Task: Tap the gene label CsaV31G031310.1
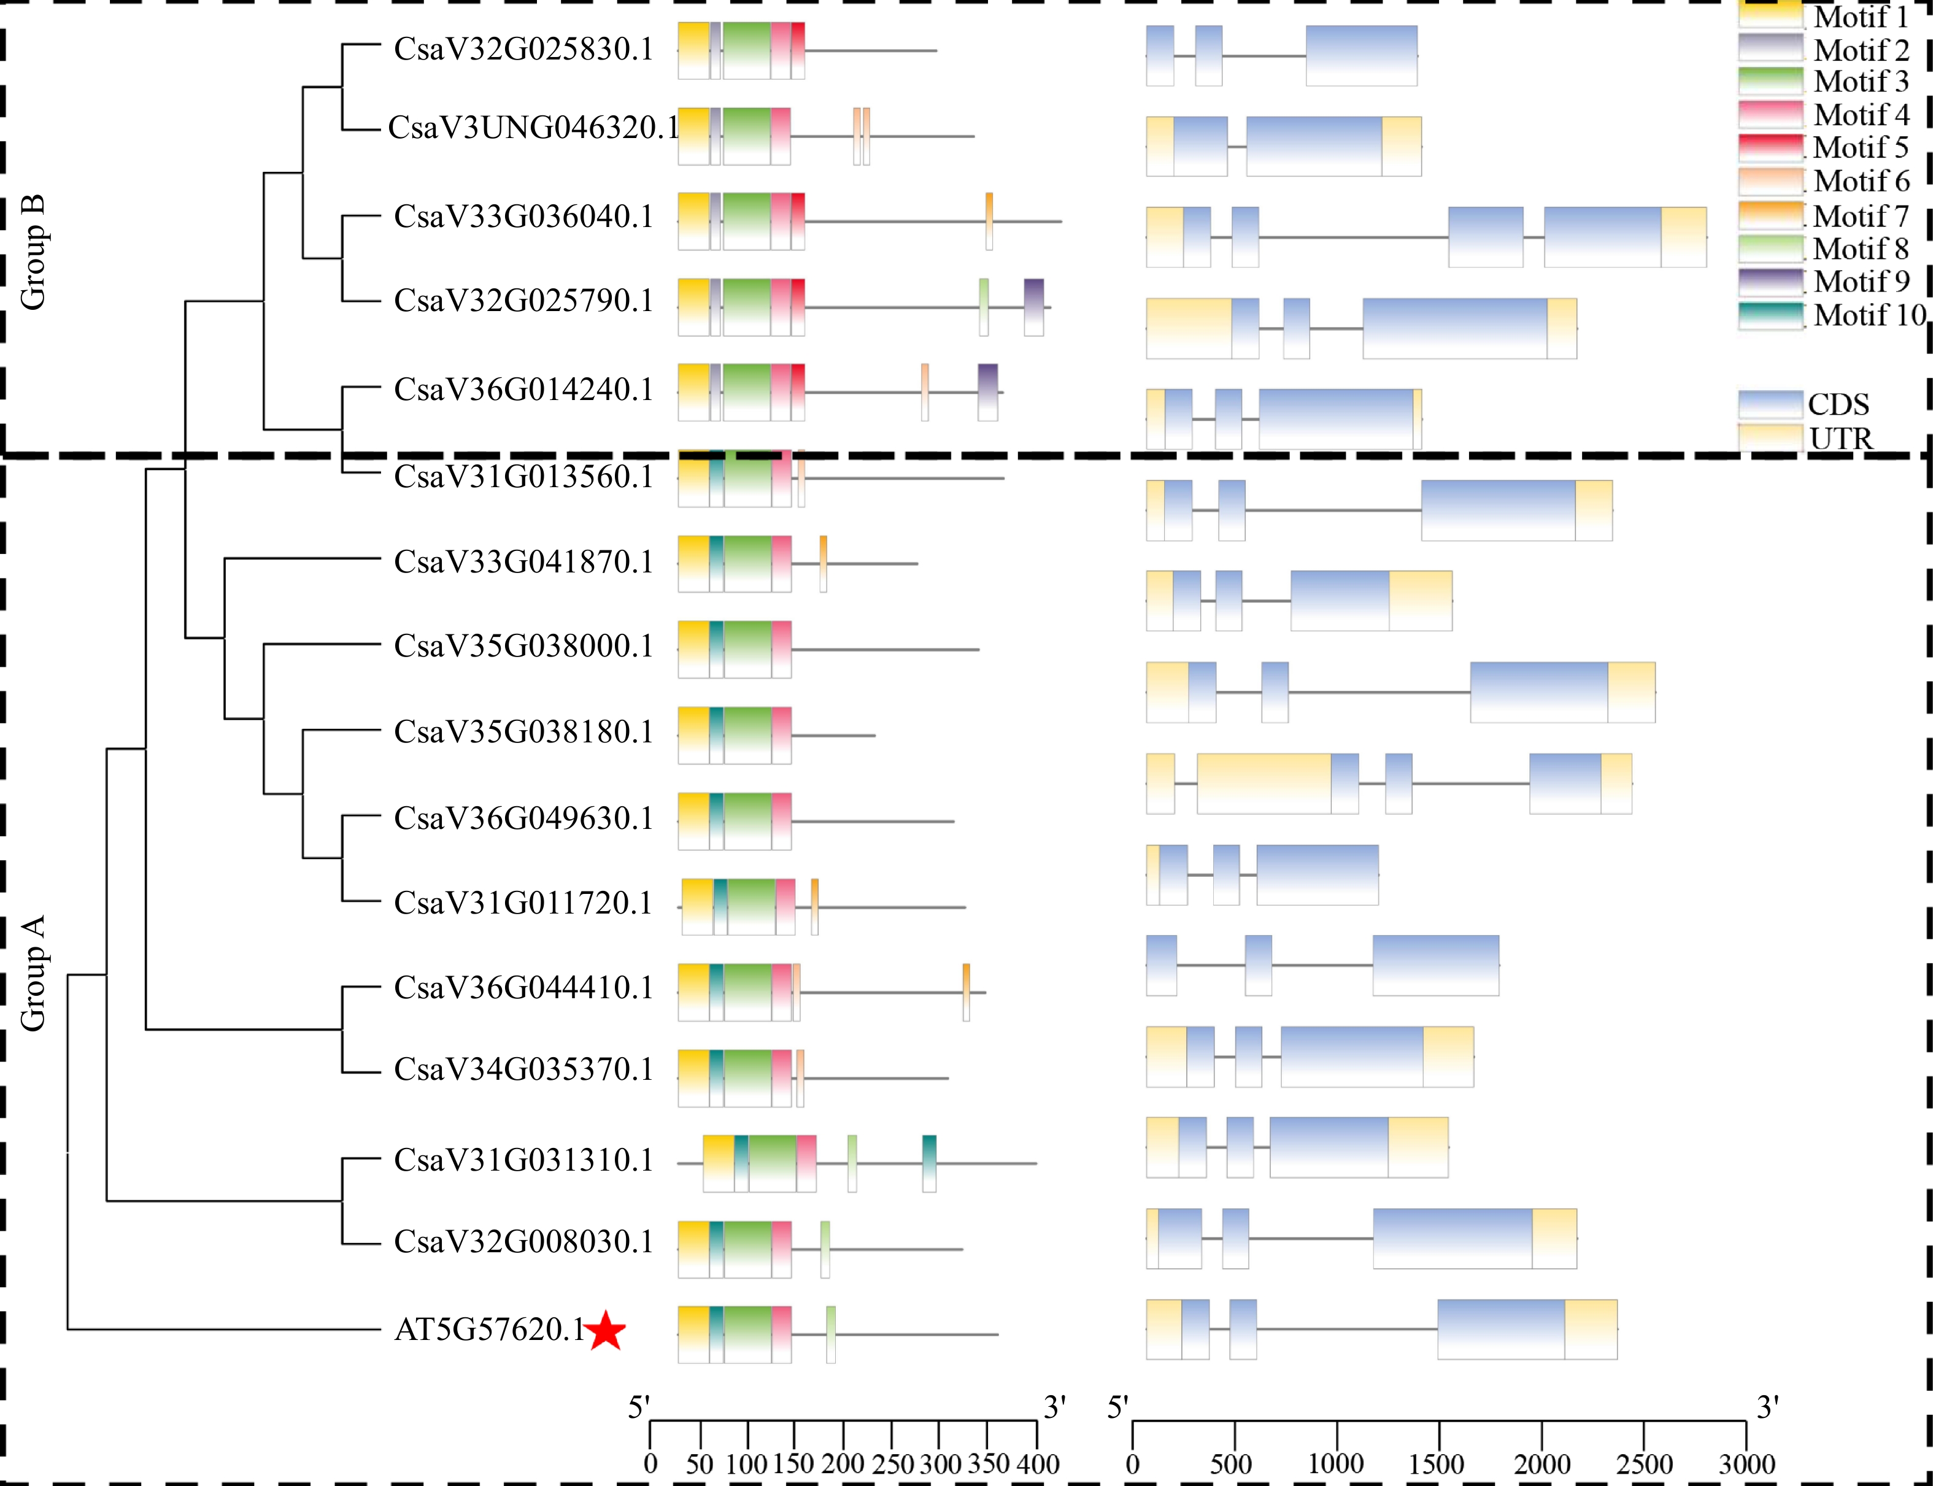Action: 523,1160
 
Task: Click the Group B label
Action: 33,253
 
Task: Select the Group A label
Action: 33,973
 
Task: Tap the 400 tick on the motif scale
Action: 1037,1464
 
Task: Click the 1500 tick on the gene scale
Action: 1438,1464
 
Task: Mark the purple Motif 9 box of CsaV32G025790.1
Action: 1033,307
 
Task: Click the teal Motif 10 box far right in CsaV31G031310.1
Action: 929,1163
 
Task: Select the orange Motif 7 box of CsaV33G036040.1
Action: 989,221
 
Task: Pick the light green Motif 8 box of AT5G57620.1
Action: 831,1334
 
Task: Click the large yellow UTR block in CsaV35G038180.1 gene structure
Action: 1264,783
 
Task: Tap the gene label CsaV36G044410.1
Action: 523,987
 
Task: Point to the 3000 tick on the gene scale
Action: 1745,1464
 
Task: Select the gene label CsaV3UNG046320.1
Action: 531,128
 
